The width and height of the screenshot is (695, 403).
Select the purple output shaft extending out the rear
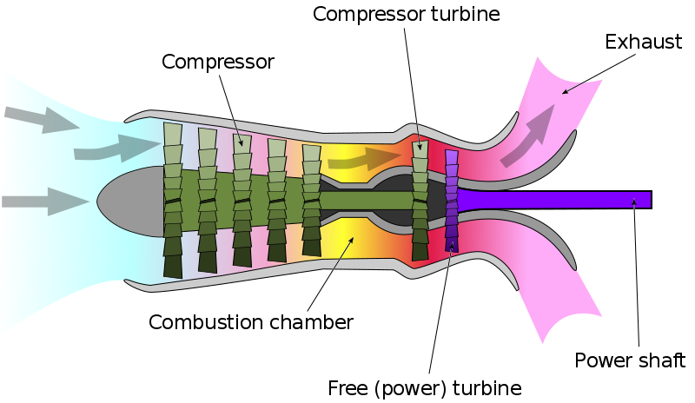point(556,200)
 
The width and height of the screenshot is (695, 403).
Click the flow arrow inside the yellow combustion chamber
point(365,159)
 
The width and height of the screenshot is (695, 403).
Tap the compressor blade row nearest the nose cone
point(174,200)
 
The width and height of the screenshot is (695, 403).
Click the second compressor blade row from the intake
point(208,200)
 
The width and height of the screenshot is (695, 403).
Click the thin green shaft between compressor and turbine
point(365,201)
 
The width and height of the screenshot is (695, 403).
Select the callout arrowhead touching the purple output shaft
point(635,202)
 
